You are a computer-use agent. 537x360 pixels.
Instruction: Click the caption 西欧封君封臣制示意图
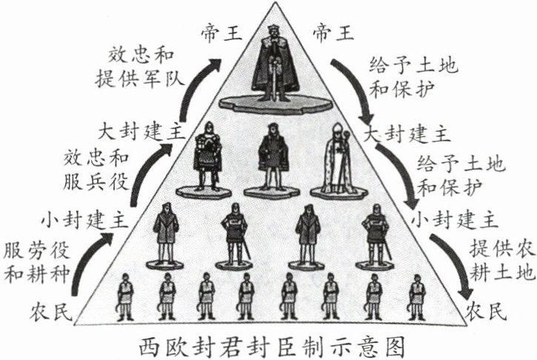(x=268, y=345)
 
